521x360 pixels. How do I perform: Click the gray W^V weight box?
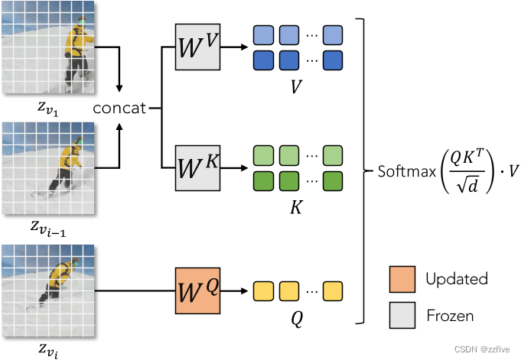(197, 48)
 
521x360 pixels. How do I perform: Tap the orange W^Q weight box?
(197, 290)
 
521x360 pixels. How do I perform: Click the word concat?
(119, 109)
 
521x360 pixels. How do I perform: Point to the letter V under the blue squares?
(295, 87)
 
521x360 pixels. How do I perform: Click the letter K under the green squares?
(295, 206)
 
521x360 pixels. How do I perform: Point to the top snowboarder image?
(48, 47)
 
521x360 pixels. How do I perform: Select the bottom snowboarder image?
(48, 290)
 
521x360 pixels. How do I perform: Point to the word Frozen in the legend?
(449, 315)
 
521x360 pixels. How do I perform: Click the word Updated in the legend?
(456, 278)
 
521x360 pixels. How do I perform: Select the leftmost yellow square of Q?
(262, 290)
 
